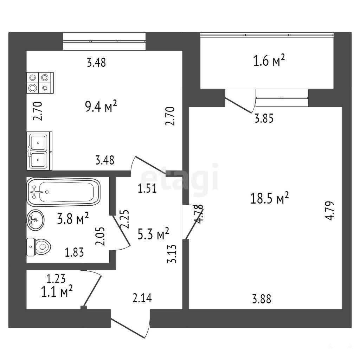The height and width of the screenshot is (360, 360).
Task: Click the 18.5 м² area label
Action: [x=269, y=198]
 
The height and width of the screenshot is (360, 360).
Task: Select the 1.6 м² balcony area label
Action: [x=269, y=60]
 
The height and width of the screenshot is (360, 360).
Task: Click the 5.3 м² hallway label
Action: [x=153, y=234]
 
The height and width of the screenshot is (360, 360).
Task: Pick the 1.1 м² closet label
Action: [x=57, y=291]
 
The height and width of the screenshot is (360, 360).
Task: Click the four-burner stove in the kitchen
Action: [x=40, y=83]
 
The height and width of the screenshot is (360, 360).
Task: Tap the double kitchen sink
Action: [x=39, y=151]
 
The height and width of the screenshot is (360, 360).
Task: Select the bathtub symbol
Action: [x=64, y=192]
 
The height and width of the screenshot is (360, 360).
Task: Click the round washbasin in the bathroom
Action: [x=36, y=220]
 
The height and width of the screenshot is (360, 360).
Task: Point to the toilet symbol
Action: [x=39, y=247]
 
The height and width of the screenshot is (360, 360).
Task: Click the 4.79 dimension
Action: [x=329, y=211]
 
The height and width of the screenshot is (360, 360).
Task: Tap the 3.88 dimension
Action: [x=262, y=300]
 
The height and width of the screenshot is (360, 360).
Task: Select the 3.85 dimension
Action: [x=264, y=119]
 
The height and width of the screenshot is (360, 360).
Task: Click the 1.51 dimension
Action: [x=147, y=189]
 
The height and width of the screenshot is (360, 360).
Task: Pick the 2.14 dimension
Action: [x=142, y=298]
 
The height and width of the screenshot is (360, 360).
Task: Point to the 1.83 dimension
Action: [x=75, y=252]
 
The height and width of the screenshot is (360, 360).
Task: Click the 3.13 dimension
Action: [x=172, y=254]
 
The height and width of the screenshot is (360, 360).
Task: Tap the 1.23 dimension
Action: [x=56, y=279]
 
